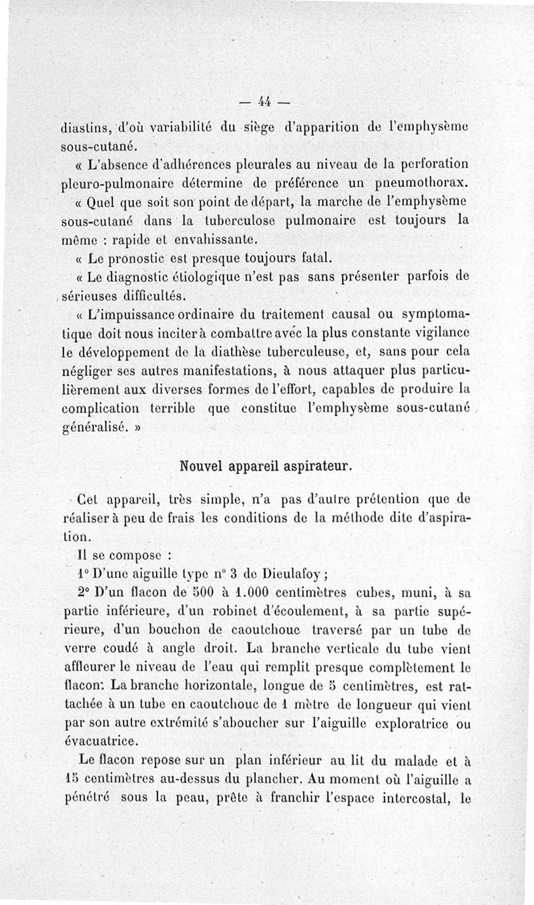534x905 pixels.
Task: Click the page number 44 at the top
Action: click(264, 102)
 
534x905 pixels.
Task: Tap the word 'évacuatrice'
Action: click(100, 740)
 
